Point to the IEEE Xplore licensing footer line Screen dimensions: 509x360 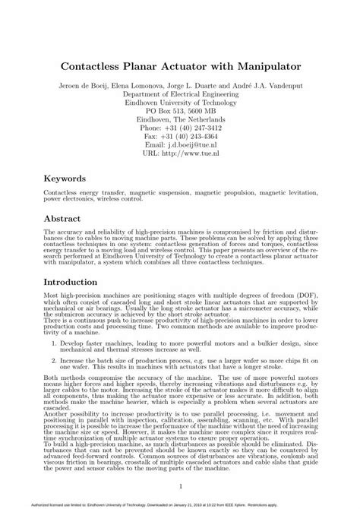point(180,503)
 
